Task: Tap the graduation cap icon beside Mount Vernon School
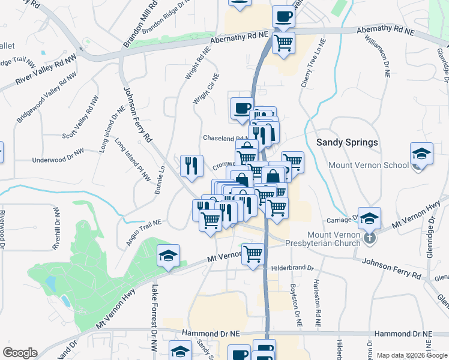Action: click(x=422, y=155)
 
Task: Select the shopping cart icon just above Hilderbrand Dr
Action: click(x=253, y=254)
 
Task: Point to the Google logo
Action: click(x=20, y=353)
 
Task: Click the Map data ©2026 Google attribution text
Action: click(x=412, y=355)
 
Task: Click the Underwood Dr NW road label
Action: click(x=56, y=160)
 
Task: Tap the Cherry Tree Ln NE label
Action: click(x=313, y=64)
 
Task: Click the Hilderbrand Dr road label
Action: click(x=292, y=268)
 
